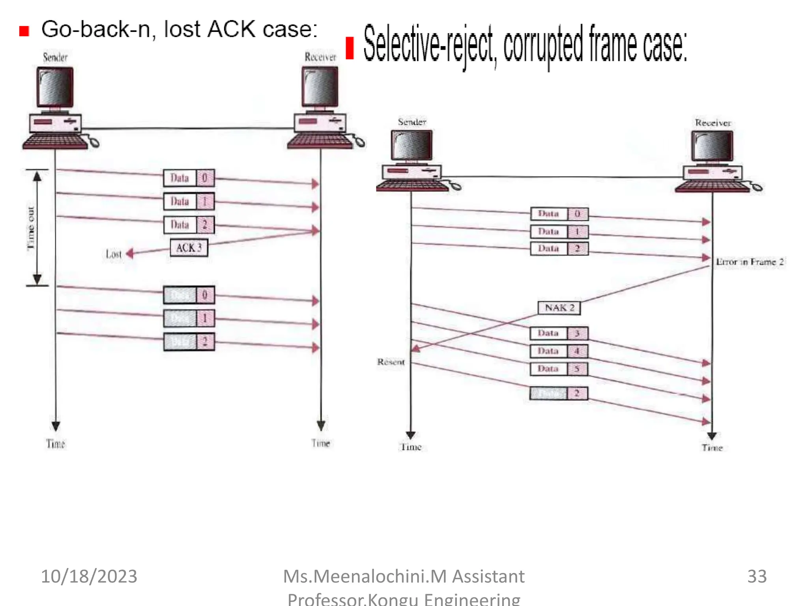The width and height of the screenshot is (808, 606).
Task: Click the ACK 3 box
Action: (189, 248)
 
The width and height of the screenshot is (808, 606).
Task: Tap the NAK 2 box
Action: (559, 308)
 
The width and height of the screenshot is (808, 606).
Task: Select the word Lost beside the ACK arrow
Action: (114, 254)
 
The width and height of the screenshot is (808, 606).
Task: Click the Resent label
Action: (391, 362)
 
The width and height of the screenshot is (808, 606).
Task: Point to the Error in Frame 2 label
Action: (750, 262)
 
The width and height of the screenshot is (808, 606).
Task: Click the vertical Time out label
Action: (31, 228)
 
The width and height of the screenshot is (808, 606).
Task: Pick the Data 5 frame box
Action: (559, 369)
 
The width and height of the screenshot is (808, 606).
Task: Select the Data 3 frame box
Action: (559, 333)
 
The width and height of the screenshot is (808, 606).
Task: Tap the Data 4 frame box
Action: (559, 351)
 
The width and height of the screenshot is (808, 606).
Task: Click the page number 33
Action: (757, 576)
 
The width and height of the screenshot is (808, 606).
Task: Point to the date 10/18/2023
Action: (89, 576)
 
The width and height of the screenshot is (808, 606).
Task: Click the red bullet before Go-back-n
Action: (24, 31)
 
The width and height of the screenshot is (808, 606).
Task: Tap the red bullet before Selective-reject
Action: (350, 48)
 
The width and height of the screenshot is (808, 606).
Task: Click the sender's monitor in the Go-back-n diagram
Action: (55, 87)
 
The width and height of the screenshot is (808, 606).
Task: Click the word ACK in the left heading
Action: (231, 29)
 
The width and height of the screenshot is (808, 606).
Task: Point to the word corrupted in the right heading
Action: (543, 46)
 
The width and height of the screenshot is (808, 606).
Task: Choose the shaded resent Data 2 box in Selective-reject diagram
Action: (559, 393)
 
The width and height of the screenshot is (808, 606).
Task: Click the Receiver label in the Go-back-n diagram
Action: (320, 57)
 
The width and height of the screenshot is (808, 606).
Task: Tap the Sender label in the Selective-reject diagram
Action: (412, 122)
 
